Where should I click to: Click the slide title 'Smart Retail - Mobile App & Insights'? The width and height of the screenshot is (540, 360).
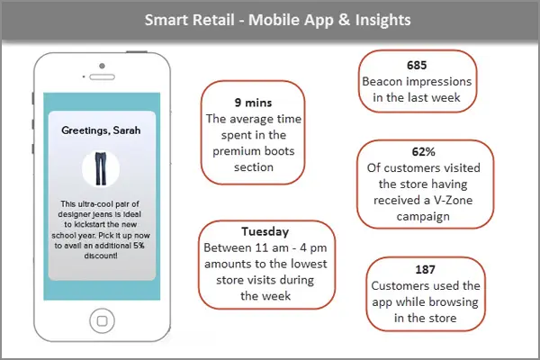point(269,19)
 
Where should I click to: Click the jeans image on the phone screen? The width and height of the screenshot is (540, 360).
point(98,168)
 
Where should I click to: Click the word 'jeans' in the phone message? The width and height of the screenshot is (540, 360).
point(111,214)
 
